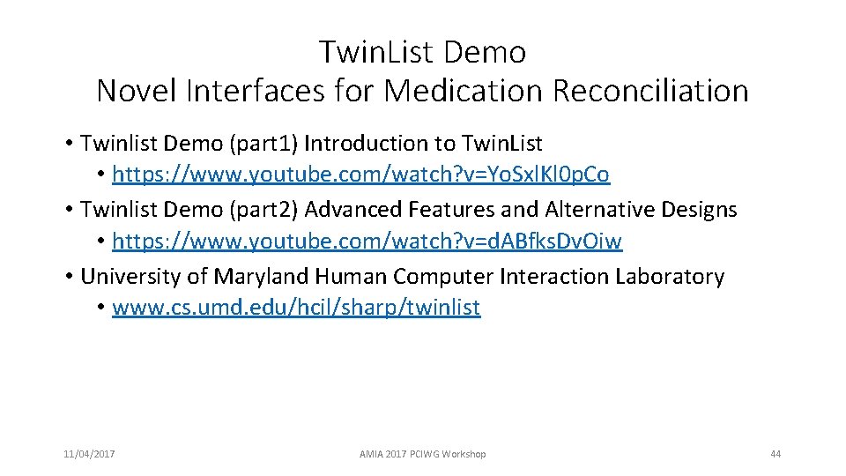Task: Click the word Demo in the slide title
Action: click(x=486, y=53)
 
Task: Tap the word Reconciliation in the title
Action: click(x=651, y=90)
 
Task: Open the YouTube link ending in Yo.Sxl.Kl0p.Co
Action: click(x=360, y=175)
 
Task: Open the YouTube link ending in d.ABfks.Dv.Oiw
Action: click(x=367, y=242)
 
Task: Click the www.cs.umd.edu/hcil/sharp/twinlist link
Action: click(x=296, y=308)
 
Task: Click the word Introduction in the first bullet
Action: click(x=369, y=143)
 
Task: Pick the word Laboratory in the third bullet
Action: click(x=669, y=276)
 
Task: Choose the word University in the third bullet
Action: click(x=130, y=276)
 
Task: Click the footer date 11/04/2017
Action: click(x=89, y=454)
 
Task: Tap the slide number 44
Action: click(x=775, y=454)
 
